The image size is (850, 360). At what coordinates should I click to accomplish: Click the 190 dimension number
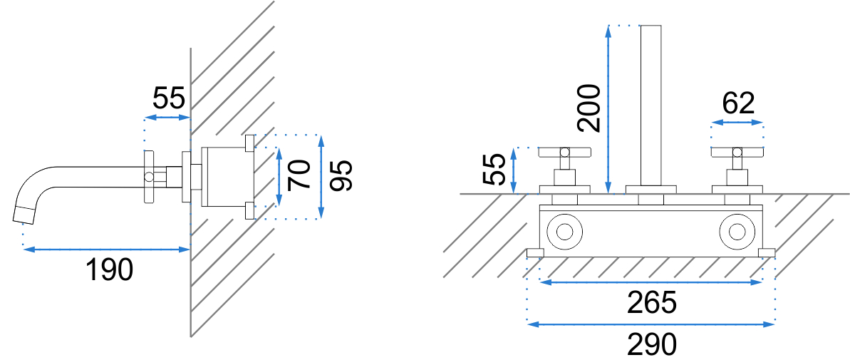(x=110, y=269)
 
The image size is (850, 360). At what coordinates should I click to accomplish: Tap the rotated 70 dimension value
(x=299, y=175)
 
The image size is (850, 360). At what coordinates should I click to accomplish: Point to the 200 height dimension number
(x=589, y=108)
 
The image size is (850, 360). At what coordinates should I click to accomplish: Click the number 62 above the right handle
(x=738, y=103)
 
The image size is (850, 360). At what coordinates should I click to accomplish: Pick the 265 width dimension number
(x=652, y=302)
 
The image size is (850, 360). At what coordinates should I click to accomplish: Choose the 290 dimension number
(x=652, y=344)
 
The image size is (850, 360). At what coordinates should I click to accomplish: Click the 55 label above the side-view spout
(x=169, y=98)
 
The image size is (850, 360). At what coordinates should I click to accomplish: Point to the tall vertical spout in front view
(x=651, y=106)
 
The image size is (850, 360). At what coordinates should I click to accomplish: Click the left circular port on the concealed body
(x=564, y=232)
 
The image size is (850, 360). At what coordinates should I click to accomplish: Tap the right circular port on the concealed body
(x=737, y=232)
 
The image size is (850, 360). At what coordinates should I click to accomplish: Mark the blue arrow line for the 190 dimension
(x=106, y=250)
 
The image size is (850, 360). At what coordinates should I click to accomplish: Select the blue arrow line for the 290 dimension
(x=651, y=324)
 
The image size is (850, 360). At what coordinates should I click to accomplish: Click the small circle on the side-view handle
(x=148, y=175)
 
